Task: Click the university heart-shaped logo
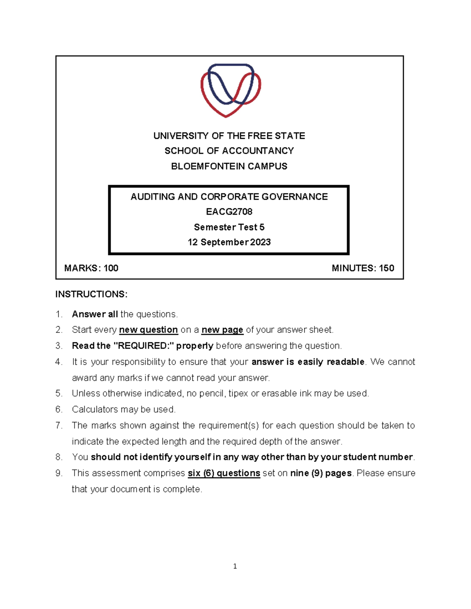coord(230,90)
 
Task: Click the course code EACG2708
coord(229,212)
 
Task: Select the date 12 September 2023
coord(229,242)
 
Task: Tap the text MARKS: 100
coord(91,268)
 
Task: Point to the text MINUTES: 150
coord(363,268)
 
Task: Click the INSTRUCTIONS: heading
coord(91,295)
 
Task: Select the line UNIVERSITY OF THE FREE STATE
coord(229,136)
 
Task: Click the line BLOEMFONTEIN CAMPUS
coord(229,166)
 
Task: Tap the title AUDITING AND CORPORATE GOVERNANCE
coord(229,197)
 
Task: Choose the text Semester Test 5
coord(229,227)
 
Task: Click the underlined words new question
coord(148,330)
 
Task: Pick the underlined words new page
coord(222,330)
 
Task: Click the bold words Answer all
coord(95,314)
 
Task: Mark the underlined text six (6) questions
coord(224,473)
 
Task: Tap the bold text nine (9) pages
coord(321,473)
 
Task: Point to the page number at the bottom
coord(235,566)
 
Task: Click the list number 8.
coord(59,457)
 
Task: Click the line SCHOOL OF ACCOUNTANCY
coord(229,151)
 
